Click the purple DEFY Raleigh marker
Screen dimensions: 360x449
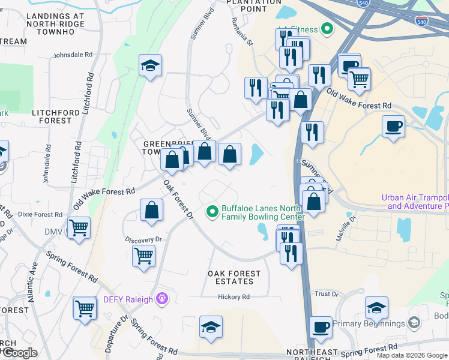[x=160, y=298]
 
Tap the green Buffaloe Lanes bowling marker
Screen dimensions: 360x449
[x=212, y=211]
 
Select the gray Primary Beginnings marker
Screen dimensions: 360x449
[x=414, y=323]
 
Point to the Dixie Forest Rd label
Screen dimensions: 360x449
[x=40, y=214]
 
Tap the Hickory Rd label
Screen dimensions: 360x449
[x=234, y=297]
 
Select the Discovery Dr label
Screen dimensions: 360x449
[x=144, y=239]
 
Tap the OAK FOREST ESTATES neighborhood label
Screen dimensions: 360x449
[x=234, y=277]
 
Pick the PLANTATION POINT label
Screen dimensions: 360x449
[x=253, y=5]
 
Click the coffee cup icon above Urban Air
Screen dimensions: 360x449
[x=393, y=127]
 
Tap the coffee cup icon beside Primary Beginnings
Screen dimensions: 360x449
[x=321, y=328]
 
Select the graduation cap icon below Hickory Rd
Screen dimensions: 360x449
[x=211, y=327]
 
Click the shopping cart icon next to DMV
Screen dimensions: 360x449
[x=79, y=228]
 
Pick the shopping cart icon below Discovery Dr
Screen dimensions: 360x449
[x=143, y=256]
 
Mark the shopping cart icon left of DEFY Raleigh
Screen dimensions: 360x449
[x=85, y=308]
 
